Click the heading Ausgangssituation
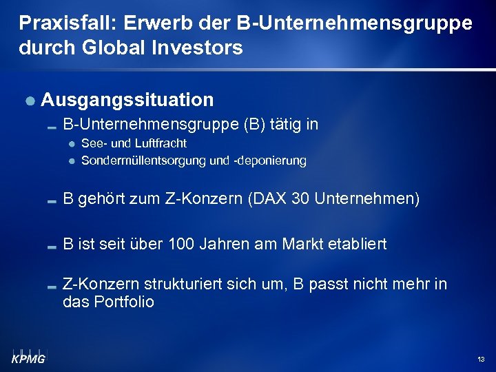pyautogui.click(x=127, y=100)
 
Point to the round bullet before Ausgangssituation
pyautogui.click(x=30, y=101)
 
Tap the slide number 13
pyautogui.click(x=480, y=360)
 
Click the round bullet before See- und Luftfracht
pyautogui.click(x=72, y=144)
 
